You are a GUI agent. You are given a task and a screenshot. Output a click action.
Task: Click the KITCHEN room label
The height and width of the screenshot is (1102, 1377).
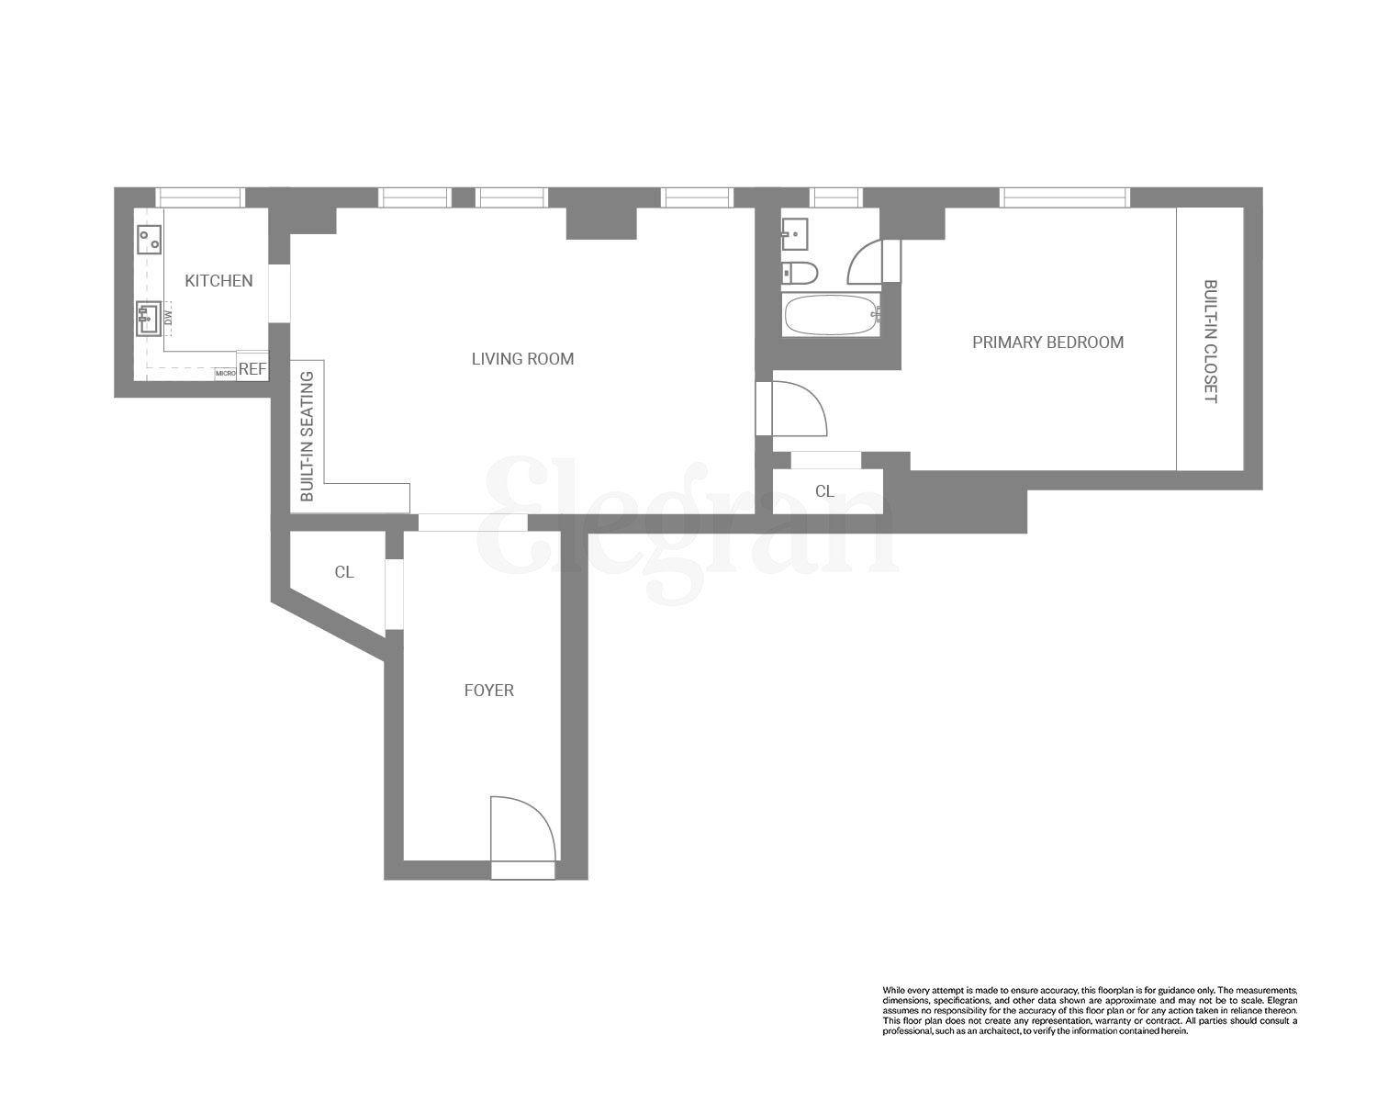(218, 281)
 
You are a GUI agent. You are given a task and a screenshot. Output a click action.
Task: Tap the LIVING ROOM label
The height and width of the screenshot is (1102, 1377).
(522, 359)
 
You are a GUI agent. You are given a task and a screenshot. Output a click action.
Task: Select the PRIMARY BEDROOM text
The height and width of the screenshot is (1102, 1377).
(1047, 343)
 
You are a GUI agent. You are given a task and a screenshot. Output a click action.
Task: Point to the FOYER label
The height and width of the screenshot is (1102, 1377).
(488, 691)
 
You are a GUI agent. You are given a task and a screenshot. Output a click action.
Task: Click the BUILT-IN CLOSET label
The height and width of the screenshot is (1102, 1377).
(1210, 342)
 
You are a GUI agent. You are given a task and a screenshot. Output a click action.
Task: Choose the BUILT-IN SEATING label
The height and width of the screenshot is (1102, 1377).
(308, 436)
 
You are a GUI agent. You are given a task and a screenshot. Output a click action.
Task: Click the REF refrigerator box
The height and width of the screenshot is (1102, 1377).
(252, 369)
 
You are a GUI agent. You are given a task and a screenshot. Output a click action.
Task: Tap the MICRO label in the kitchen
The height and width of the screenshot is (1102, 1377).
(225, 374)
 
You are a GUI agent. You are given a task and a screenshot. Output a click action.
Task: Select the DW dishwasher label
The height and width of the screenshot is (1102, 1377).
(168, 319)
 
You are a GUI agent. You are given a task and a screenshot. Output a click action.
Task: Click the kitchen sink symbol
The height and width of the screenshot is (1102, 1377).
(149, 320)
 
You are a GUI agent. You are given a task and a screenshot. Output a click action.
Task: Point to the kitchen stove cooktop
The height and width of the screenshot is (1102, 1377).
(149, 239)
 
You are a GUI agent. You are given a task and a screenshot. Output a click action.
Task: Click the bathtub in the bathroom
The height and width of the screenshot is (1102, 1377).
(830, 315)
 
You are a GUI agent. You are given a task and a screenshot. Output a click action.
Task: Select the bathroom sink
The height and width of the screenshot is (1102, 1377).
(794, 233)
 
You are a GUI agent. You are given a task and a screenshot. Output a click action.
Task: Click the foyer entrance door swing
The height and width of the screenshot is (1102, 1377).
(521, 828)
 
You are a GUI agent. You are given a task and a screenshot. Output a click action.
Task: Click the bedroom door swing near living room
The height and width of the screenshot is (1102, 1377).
(797, 409)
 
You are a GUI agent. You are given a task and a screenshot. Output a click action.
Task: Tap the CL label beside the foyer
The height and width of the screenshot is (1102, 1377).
(344, 573)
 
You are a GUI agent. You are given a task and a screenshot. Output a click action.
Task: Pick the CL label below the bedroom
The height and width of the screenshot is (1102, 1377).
(824, 492)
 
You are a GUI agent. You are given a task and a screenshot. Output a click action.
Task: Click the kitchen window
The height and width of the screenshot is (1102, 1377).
(200, 197)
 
